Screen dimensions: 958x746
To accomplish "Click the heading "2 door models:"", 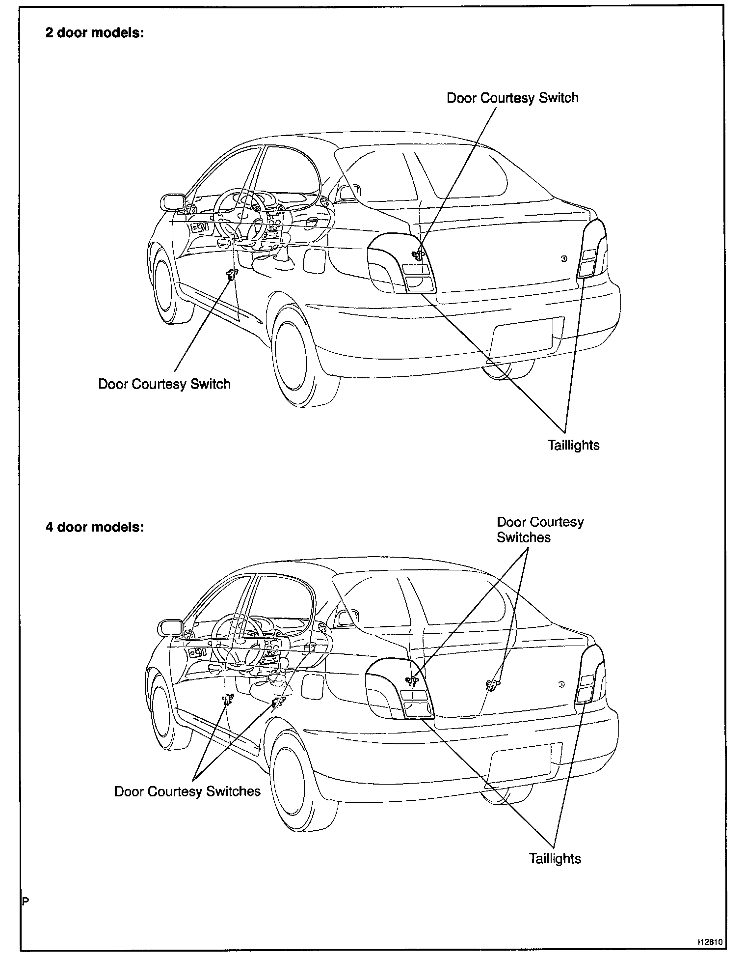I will pyautogui.click(x=95, y=33).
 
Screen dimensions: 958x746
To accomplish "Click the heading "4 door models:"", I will pyautogui.click(x=95, y=527).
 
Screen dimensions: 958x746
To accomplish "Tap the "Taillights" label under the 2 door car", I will pyautogui.click(x=573, y=445).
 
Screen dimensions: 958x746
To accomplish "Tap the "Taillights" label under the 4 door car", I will pyautogui.click(x=555, y=858).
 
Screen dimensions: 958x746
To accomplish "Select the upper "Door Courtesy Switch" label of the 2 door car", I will pyautogui.click(x=512, y=98).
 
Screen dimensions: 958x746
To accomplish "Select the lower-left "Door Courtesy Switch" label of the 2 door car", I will pyautogui.click(x=164, y=384).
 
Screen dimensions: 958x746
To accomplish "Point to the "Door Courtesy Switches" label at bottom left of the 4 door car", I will pyautogui.click(x=187, y=791).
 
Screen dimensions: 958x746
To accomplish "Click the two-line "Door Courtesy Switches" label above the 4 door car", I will pyautogui.click(x=539, y=530).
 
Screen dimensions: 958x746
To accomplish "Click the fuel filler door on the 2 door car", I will pyautogui.click(x=314, y=260).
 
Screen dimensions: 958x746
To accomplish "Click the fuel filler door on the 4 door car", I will pyautogui.click(x=312, y=686).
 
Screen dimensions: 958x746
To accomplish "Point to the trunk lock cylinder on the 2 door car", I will pyautogui.click(x=564, y=259).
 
